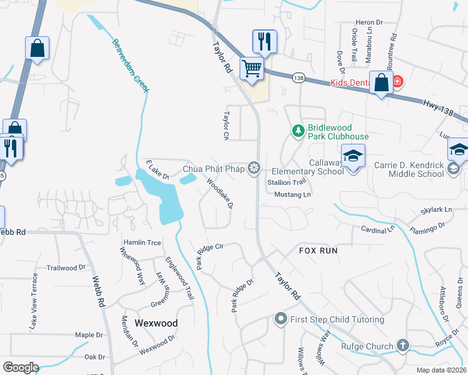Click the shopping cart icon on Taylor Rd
(x=252, y=68)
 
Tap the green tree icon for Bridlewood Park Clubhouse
(x=298, y=131)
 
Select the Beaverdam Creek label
(x=131, y=66)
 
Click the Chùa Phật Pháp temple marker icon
(x=253, y=167)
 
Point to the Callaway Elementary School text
(x=308, y=166)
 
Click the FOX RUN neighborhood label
(x=317, y=250)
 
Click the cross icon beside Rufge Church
(x=403, y=345)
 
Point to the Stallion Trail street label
(x=286, y=182)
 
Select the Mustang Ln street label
(x=292, y=194)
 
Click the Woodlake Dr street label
(x=220, y=194)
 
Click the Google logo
(x=21, y=367)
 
